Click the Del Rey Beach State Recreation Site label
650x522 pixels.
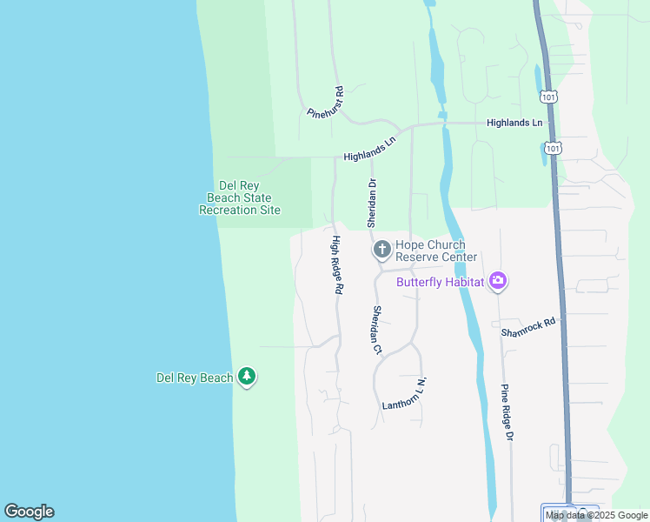point(239,197)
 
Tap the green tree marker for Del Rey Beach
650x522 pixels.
point(248,377)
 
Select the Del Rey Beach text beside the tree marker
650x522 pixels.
point(195,378)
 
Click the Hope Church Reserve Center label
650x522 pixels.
point(435,251)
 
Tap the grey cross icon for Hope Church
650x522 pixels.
point(381,251)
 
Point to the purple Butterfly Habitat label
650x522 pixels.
point(441,281)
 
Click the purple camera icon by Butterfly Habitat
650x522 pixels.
point(498,280)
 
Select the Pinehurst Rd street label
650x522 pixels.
point(327,103)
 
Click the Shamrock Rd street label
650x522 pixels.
point(527,327)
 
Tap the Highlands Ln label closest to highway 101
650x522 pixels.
point(514,124)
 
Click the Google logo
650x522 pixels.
point(29,512)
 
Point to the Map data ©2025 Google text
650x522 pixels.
point(596,515)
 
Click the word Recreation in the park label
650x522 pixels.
point(229,210)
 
